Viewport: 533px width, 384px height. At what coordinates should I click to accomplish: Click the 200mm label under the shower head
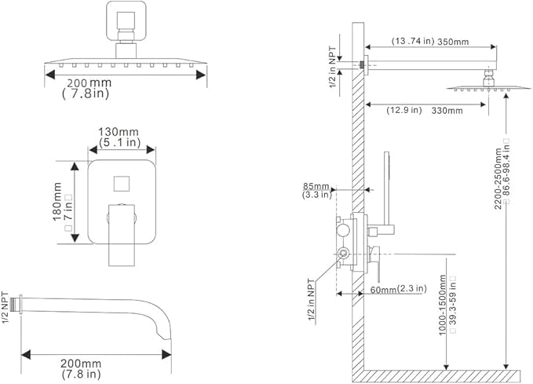pyautogui.click(x=89, y=82)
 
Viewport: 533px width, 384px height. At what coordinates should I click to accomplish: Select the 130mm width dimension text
pyautogui.click(x=115, y=132)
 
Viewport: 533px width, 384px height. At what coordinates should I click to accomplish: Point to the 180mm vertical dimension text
pyautogui.click(x=57, y=203)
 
